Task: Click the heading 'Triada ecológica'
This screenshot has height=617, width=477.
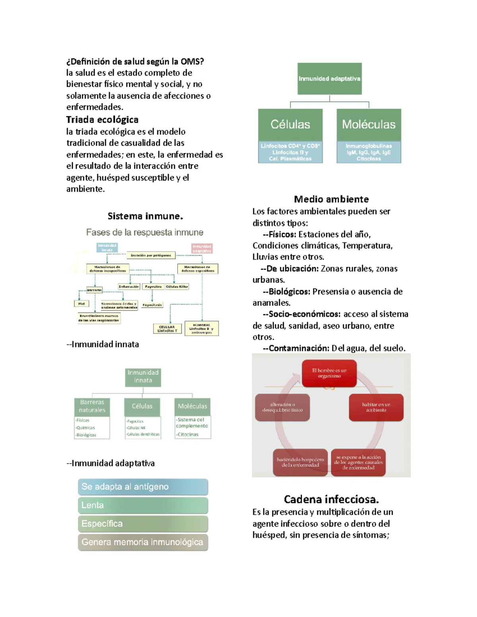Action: pyautogui.click(x=102, y=120)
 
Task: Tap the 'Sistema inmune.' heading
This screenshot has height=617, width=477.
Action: pyautogui.click(x=145, y=216)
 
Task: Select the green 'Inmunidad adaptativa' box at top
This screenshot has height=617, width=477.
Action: pyautogui.click(x=330, y=79)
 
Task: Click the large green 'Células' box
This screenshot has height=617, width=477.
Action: pyautogui.click(x=290, y=124)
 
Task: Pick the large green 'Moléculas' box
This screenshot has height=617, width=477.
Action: pyautogui.click(x=368, y=124)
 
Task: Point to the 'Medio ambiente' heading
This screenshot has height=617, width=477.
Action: pyautogui.click(x=331, y=199)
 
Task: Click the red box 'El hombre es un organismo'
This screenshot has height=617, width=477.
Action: pyautogui.click(x=329, y=373)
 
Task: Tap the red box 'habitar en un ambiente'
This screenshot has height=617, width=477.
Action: pyautogui.click(x=376, y=407)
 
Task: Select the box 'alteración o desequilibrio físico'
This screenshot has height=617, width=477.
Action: pyautogui.click(x=282, y=407)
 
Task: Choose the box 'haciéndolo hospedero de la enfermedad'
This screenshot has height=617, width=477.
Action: pyautogui.click(x=300, y=462)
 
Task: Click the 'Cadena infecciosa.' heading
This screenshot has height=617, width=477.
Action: pyautogui.click(x=331, y=499)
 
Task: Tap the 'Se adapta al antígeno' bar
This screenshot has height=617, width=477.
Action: pyautogui.click(x=143, y=487)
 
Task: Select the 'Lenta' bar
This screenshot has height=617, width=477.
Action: pyautogui.click(x=143, y=505)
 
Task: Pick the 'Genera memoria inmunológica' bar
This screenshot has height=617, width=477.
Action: pyautogui.click(x=143, y=542)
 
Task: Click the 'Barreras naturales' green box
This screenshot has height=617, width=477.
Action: pyautogui.click(x=92, y=406)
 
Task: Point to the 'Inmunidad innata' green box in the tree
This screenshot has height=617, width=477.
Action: pyautogui.click(x=143, y=377)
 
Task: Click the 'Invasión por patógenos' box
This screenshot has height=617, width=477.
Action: pyautogui.click(x=151, y=255)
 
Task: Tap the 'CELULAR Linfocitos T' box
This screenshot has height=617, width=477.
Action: pyautogui.click(x=167, y=329)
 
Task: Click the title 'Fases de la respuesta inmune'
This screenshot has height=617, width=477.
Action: pyautogui.click(x=145, y=232)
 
